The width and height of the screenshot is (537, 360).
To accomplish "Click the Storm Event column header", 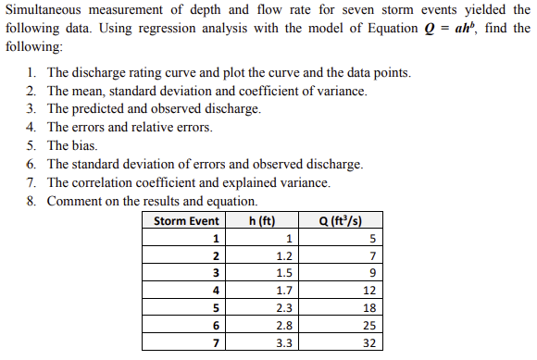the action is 185,221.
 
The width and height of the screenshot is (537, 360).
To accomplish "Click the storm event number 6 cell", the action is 216,327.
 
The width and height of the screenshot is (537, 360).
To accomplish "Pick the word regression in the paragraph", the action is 163,29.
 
